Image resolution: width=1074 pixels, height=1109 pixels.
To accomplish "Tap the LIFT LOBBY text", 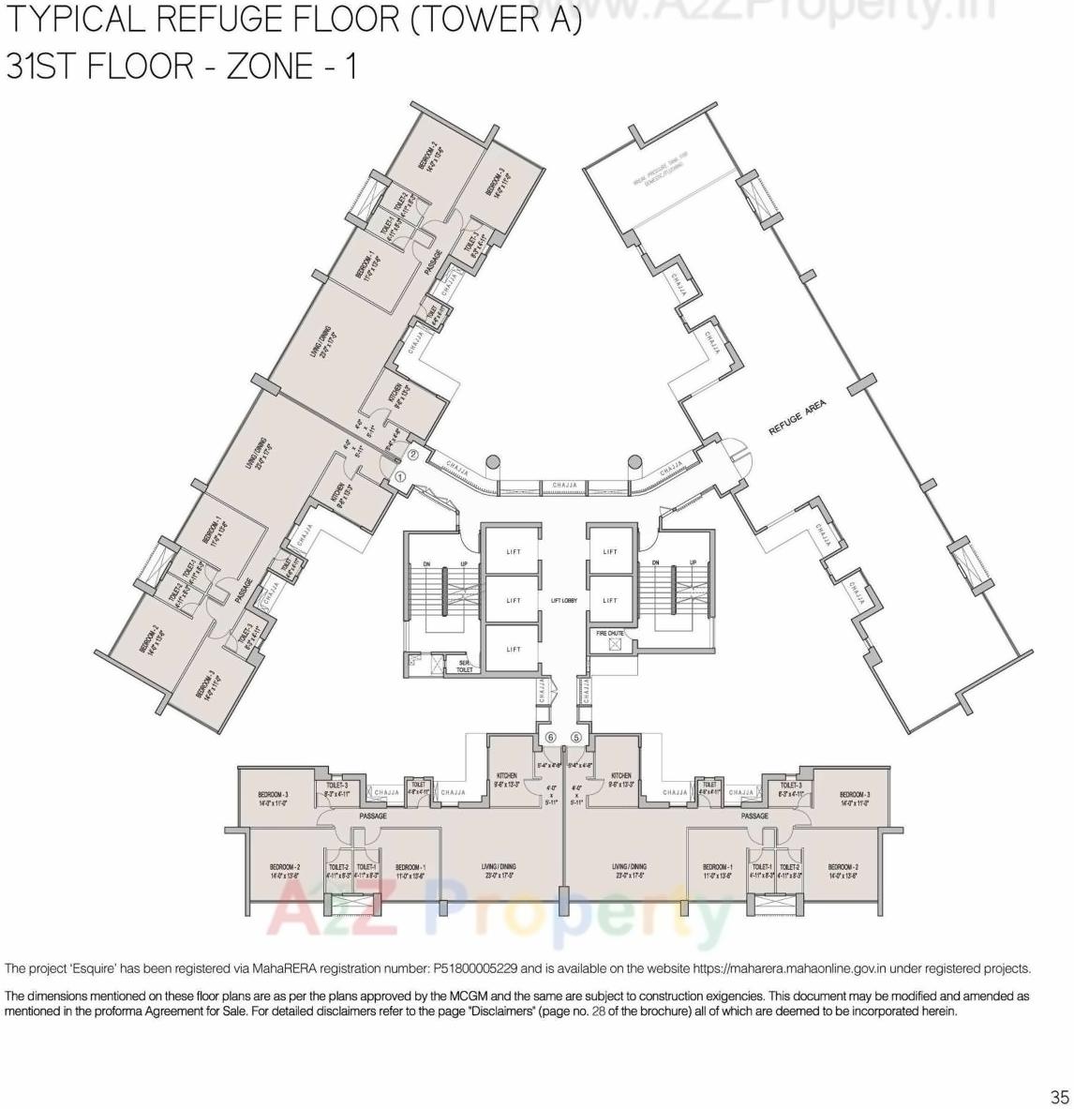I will (x=563, y=600).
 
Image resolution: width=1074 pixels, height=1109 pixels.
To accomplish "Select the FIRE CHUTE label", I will (x=610, y=634).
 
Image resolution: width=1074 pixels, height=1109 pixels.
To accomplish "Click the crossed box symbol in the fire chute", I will (x=614, y=645).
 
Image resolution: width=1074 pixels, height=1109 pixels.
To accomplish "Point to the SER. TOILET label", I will (x=463, y=666).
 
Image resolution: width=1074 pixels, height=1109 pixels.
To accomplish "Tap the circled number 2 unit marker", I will (x=413, y=457).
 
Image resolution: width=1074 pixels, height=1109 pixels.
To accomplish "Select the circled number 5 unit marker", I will (x=576, y=738).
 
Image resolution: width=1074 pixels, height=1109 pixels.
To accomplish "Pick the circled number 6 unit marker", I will (x=551, y=738).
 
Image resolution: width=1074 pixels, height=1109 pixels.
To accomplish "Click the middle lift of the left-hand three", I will (x=514, y=600).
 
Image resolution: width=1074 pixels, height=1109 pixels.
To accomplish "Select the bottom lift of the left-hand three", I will (x=514, y=649).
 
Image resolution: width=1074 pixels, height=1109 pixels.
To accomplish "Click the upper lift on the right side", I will (x=611, y=552).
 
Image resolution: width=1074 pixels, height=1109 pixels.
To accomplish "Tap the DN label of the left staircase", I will (x=426, y=562).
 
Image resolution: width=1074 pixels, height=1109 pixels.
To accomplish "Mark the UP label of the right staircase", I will (x=693, y=562).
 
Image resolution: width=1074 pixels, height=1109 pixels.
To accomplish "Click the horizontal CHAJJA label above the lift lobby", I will (x=565, y=485).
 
